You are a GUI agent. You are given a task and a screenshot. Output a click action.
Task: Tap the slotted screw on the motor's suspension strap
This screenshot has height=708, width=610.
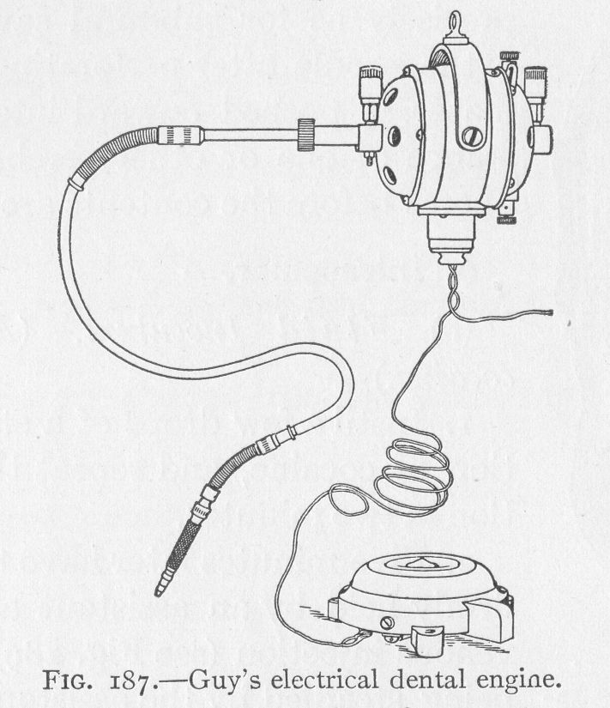click(x=471, y=136)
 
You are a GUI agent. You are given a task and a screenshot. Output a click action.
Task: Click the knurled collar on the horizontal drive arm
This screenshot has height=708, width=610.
click(x=305, y=134)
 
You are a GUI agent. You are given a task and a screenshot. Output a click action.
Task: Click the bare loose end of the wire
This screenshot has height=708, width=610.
click(x=550, y=312)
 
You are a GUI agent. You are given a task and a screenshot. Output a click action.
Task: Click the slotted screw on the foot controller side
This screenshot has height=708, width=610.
click(x=388, y=624)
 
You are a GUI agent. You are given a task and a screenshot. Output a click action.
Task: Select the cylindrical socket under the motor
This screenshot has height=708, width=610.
click(x=451, y=234)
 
